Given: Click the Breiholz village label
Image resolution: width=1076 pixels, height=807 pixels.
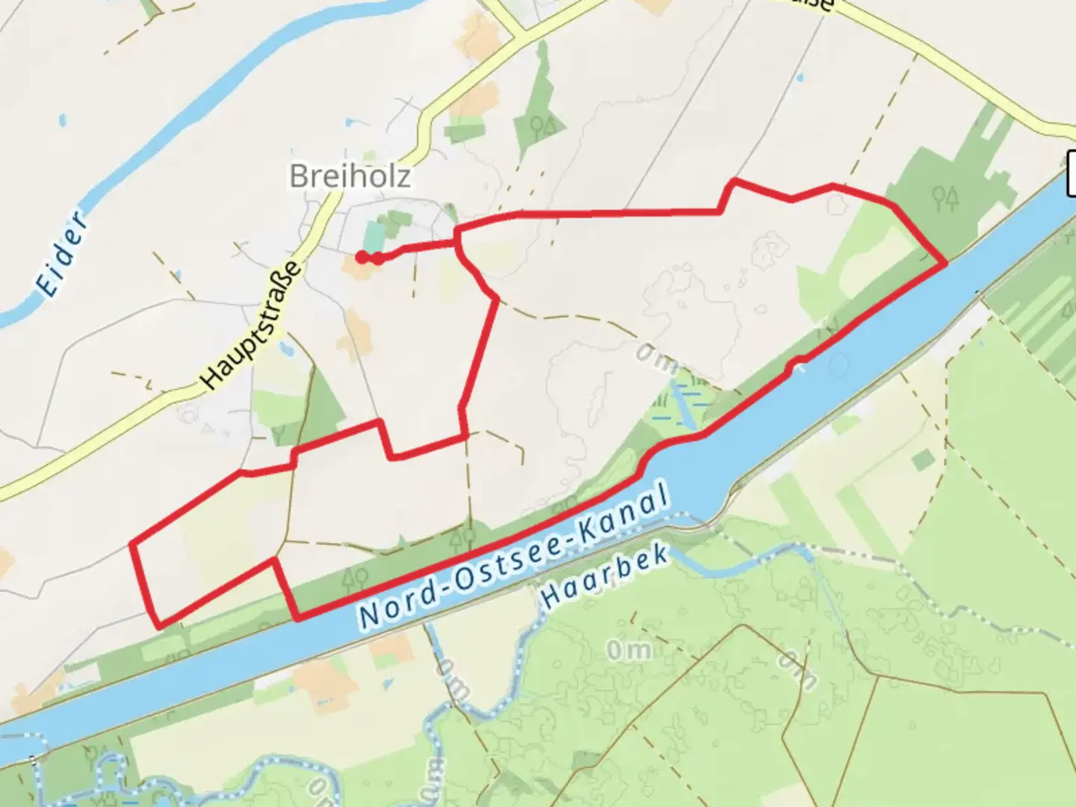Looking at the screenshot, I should click(x=350, y=176).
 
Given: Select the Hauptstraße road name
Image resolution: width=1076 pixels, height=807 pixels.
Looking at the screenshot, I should click(x=254, y=326).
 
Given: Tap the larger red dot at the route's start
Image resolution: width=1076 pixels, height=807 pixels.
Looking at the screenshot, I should click(x=362, y=258).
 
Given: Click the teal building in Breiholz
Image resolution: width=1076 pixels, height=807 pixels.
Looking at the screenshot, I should click(x=374, y=237).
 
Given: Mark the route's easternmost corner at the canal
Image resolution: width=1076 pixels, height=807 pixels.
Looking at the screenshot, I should click(x=946, y=263).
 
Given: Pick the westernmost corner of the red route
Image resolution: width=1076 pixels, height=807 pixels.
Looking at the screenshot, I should click(x=132, y=543).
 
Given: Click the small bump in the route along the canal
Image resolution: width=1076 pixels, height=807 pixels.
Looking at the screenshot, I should click(x=798, y=363).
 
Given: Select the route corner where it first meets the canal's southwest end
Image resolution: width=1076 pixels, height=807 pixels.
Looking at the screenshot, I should click(x=298, y=618).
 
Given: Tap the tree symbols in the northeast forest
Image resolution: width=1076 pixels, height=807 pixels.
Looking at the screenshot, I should click(x=945, y=197).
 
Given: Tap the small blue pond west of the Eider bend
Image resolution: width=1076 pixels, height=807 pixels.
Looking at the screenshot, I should click(x=63, y=120).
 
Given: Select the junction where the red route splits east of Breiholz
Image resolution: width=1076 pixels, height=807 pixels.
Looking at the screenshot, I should click(x=457, y=238).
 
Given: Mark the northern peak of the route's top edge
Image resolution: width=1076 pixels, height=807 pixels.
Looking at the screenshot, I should click(x=735, y=181).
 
